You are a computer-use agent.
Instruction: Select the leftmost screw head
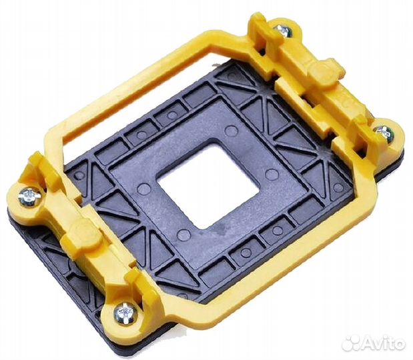tap(29, 197)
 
